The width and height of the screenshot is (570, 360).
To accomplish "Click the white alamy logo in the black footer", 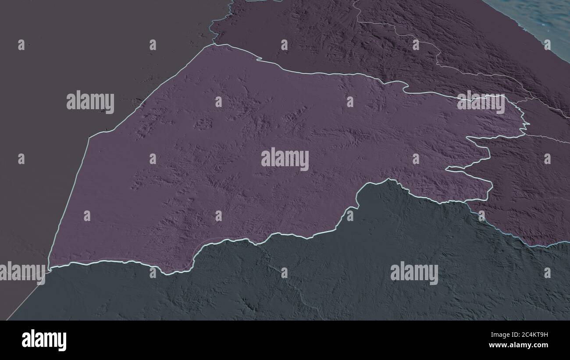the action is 44,340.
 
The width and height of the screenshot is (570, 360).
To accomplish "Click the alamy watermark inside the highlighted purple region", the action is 285,159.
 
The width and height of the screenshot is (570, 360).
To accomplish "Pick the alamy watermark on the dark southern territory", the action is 414,273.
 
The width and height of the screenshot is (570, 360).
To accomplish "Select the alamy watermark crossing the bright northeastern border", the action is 481,103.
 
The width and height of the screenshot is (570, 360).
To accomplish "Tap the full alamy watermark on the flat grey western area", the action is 90,102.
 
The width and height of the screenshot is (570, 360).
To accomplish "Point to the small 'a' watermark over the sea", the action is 547,44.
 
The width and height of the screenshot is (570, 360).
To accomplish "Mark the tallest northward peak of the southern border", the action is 388,179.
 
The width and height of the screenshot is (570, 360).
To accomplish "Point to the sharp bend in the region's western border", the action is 89,138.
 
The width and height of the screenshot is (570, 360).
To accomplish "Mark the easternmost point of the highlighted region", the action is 528,124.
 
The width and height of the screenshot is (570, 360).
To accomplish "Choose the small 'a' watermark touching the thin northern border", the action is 415,44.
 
